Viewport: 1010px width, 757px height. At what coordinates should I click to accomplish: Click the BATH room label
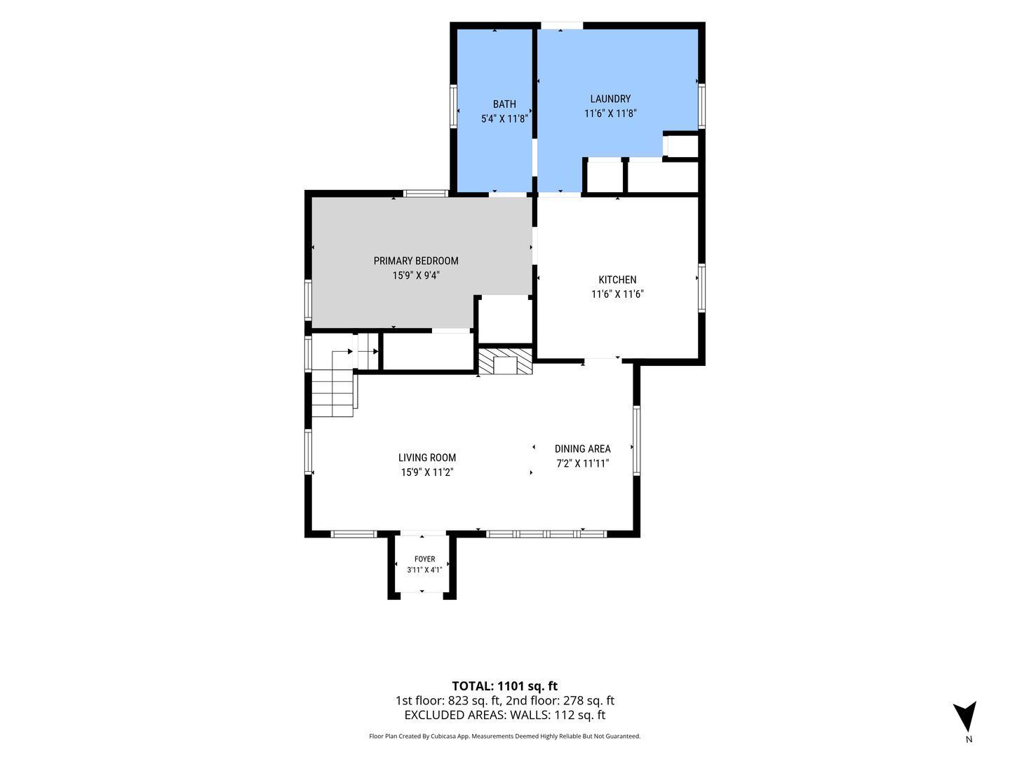click(x=504, y=104)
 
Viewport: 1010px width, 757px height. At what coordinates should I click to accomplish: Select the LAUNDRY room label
click(x=610, y=99)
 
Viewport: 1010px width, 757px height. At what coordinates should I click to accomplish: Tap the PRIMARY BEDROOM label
click(x=415, y=261)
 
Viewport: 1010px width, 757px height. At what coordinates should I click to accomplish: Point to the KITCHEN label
click(x=617, y=280)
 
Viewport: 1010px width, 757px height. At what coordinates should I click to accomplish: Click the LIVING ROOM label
click(x=427, y=457)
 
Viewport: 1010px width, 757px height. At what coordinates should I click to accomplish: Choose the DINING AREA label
click(x=583, y=449)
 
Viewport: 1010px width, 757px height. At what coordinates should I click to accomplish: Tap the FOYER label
click(x=424, y=559)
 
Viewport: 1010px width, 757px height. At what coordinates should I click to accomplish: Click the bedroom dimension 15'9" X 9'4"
click(x=416, y=275)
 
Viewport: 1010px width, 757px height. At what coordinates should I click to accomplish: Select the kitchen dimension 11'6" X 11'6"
click(x=617, y=294)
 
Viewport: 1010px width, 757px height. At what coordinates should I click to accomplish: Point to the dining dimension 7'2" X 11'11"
click(x=583, y=463)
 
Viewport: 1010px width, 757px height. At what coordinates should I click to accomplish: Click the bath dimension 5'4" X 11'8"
click(x=504, y=118)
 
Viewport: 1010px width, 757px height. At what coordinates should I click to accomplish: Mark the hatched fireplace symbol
click(x=505, y=361)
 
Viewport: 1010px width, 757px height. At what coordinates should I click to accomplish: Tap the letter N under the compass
click(x=969, y=739)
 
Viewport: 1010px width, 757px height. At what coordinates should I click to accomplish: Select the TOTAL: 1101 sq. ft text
click(x=504, y=686)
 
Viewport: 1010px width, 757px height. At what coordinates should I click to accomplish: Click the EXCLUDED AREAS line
click(x=504, y=715)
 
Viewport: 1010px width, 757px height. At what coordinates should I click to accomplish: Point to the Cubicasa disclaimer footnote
click(x=504, y=736)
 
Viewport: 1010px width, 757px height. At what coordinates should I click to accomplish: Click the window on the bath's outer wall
click(x=453, y=106)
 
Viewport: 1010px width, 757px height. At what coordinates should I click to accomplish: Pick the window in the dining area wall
click(x=636, y=440)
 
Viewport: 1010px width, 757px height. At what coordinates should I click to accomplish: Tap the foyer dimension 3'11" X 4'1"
click(x=424, y=570)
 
